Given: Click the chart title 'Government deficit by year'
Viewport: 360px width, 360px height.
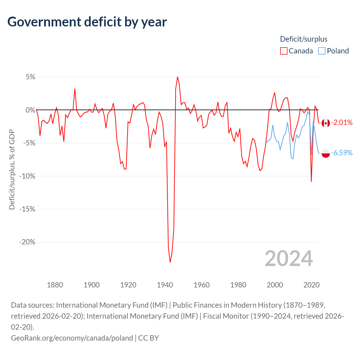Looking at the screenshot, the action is pyautogui.click(x=87, y=22).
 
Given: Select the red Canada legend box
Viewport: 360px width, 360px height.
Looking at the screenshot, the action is pyautogui.click(x=283, y=51).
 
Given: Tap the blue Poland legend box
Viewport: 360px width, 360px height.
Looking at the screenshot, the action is pyautogui.click(x=322, y=51).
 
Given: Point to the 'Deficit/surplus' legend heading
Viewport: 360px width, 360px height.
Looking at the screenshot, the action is pyautogui.click(x=303, y=39).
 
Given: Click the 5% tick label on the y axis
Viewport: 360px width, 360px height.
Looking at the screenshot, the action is pyautogui.click(x=30, y=77).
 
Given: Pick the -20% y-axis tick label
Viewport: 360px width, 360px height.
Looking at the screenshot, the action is pyautogui.click(x=27, y=242).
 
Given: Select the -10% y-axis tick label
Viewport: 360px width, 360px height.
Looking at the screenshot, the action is pyautogui.click(x=27, y=176).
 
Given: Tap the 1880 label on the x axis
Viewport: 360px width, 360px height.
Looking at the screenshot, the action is pyautogui.click(x=55, y=285).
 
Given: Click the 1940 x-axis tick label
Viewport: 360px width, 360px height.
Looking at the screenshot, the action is pyautogui.click(x=165, y=285).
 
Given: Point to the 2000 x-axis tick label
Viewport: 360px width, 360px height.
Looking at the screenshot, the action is pyautogui.click(x=275, y=285).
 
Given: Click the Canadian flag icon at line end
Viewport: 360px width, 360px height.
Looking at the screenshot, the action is pyautogui.click(x=326, y=123).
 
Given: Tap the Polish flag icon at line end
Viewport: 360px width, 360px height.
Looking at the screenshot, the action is pyautogui.click(x=326, y=153).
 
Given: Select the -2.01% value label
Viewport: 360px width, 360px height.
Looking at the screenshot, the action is pyautogui.click(x=342, y=123).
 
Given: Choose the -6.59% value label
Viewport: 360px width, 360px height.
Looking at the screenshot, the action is pyautogui.click(x=342, y=153).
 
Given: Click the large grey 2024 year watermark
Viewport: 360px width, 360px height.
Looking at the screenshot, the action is pyautogui.click(x=289, y=259).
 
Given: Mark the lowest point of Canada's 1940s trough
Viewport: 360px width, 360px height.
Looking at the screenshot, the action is pyautogui.click(x=170, y=262).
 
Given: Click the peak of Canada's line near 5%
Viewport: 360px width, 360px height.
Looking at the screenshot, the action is pyautogui.click(x=177, y=77).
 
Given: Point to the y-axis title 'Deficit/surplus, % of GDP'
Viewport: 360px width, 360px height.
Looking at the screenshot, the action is pyautogui.click(x=12, y=169).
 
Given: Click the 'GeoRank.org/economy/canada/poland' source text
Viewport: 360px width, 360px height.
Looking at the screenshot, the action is pyautogui.click(x=72, y=338).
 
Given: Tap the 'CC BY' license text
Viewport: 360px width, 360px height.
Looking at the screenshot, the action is pyautogui.click(x=148, y=338).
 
